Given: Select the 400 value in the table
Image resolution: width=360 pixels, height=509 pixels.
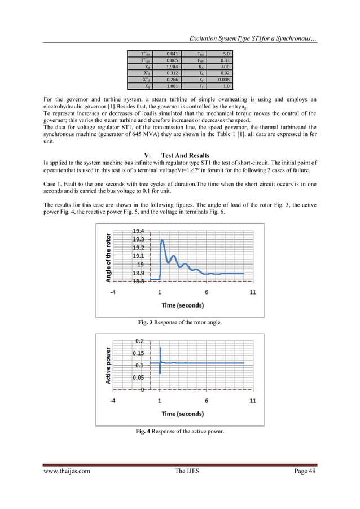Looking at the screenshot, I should [223, 66].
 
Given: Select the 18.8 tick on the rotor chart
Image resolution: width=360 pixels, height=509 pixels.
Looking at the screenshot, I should [138, 280].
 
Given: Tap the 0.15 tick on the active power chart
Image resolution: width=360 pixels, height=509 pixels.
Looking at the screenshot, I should [138, 353].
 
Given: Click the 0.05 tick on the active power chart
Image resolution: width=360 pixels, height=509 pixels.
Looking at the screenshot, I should [138, 378].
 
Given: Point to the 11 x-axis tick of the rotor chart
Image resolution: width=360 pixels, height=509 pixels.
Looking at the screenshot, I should [252, 292].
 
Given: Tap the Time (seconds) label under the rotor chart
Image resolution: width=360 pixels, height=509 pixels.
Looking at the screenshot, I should [183, 305].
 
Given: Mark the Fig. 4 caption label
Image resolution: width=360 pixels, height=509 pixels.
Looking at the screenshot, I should [144, 432].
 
